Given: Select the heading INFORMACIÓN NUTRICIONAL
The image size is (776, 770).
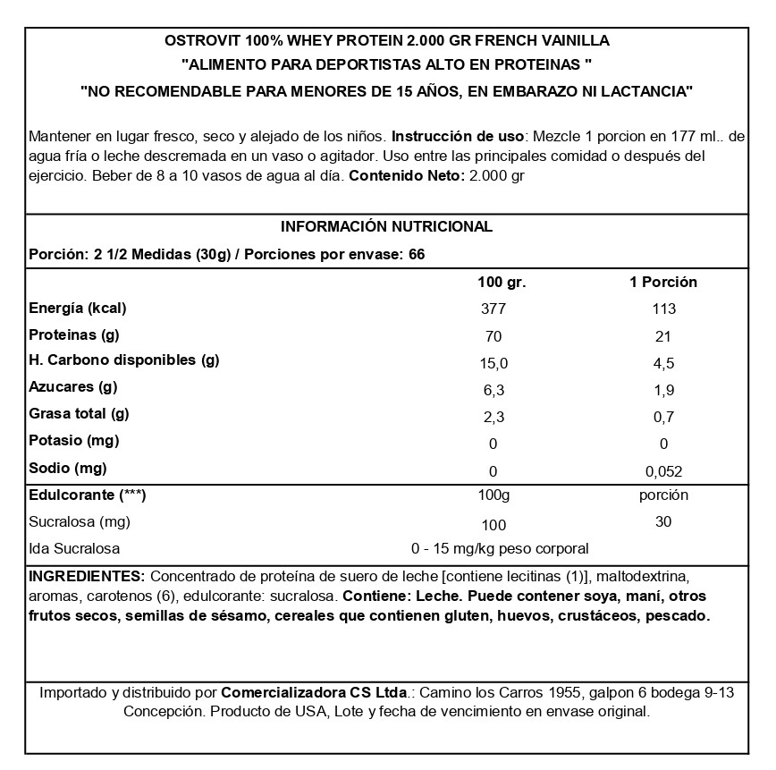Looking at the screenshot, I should tap(386, 226).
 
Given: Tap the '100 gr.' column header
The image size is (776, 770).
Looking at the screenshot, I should tap(502, 282).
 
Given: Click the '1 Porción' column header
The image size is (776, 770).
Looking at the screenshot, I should tap(663, 282).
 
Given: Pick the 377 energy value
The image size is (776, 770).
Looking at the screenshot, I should tap(493, 309).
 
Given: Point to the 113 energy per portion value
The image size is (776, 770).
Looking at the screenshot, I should tap(663, 309).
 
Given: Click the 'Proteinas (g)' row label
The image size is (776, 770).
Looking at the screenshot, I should tap(74, 334).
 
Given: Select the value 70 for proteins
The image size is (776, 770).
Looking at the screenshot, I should tap(493, 336).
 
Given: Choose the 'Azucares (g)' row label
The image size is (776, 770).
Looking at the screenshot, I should tap(73, 387).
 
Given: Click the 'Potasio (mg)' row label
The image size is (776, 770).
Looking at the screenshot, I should tap(74, 440).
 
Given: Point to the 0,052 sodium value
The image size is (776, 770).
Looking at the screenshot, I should tap(663, 470).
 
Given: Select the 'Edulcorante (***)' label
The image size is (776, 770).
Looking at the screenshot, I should tap(88, 495).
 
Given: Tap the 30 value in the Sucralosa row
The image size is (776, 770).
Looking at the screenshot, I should tap(663, 522).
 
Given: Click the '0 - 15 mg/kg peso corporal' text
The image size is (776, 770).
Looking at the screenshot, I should tap(499, 548).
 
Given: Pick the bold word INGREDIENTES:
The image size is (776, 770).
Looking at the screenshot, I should tap(87, 574).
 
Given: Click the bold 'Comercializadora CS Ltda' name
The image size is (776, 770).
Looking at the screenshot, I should tap(313, 692).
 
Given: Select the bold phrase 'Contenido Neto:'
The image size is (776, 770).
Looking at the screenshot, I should tap(405, 176).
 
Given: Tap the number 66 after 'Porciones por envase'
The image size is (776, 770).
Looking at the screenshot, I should tap(416, 253).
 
